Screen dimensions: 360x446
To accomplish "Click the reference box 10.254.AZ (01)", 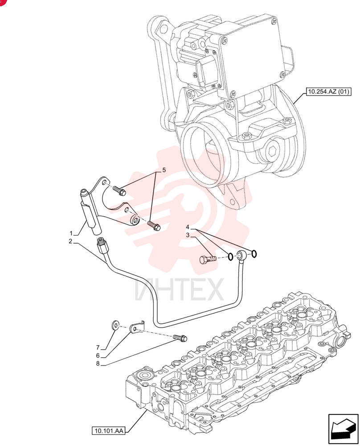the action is [328, 91].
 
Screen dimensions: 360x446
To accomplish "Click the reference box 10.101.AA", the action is [109, 431].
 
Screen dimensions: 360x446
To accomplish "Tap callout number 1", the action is [71, 233].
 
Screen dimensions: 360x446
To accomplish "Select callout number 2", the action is [70, 241].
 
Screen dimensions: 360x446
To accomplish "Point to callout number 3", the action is [188, 235].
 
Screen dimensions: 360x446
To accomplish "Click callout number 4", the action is [188, 227].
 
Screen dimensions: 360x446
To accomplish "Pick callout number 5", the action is [164, 170].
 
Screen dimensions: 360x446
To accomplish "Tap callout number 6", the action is [98, 355].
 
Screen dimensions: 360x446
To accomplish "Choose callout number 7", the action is [98, 347].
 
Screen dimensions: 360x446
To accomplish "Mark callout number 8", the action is [98, 363].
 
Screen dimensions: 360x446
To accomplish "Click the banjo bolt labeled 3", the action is [208, 260].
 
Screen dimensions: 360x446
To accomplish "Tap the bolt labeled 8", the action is [180, 338].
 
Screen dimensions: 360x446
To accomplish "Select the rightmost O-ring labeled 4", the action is [254, 253].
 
